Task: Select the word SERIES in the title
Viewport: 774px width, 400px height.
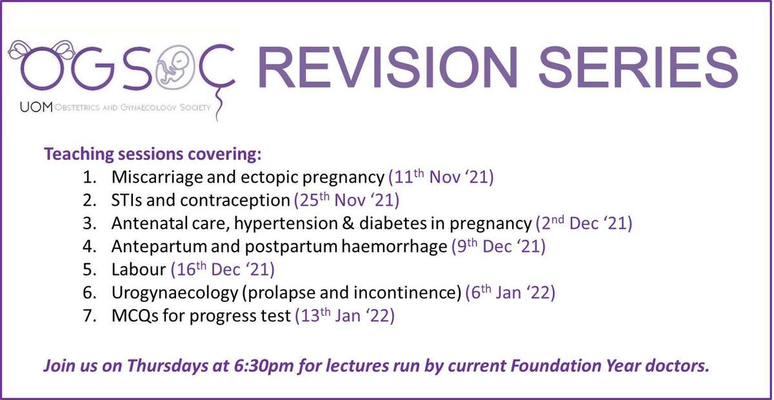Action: [638, 68]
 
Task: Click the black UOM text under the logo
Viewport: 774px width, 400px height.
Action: [36, 108]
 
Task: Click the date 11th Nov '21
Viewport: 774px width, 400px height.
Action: [441, 177]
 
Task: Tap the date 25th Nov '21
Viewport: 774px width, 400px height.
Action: [346, 200]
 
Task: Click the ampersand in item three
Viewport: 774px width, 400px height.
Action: [346, 223]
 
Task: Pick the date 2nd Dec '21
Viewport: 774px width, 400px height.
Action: [584, 223]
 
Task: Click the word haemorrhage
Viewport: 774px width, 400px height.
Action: [394, 247]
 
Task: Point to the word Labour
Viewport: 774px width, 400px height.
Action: [139, 270]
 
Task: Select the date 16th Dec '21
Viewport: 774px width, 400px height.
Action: [223, 270]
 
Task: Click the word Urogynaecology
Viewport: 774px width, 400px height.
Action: [175, 294]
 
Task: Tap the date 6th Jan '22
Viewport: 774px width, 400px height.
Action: [510, 293]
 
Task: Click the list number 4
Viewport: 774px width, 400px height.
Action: [89, 246]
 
